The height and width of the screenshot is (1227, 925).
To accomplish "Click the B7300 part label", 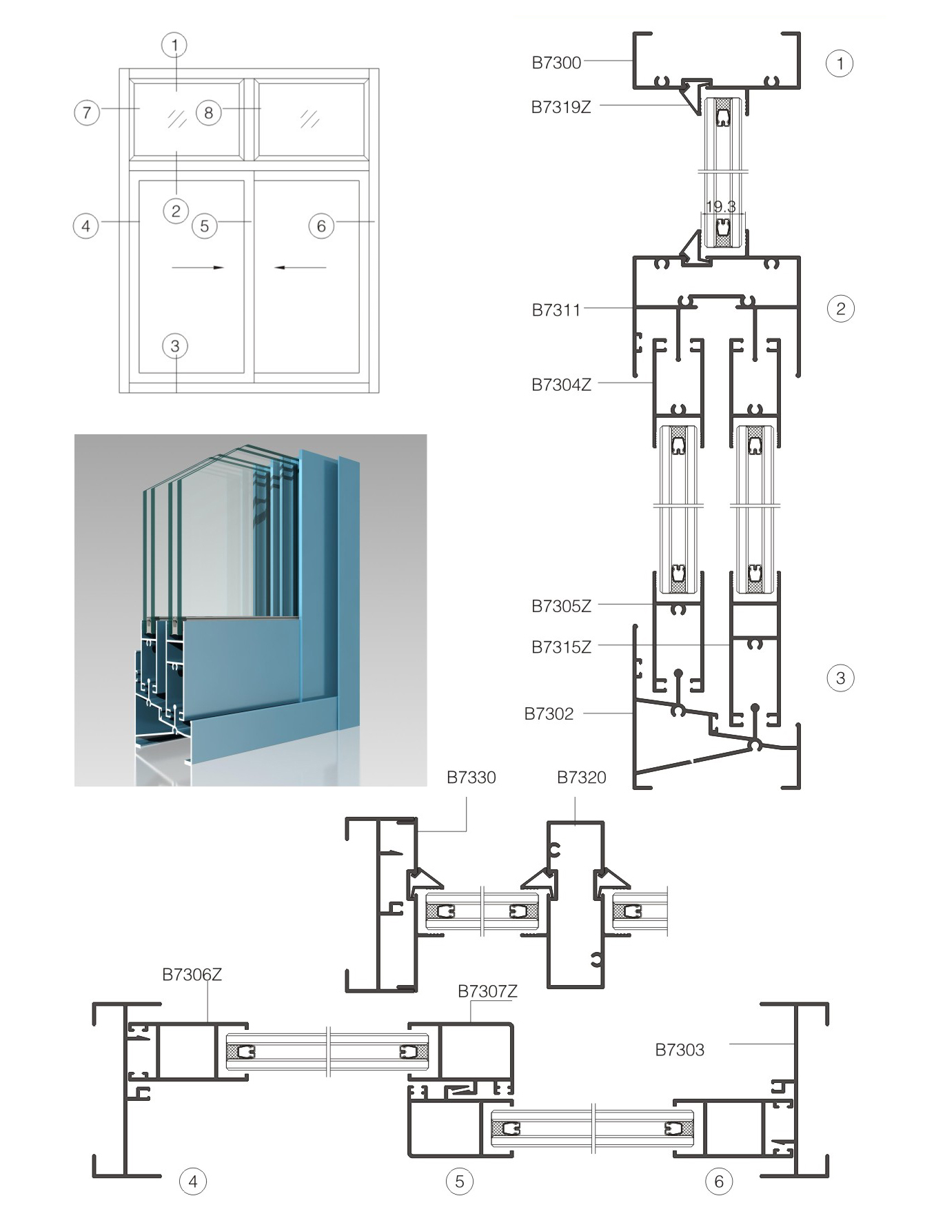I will (x=556, y=63).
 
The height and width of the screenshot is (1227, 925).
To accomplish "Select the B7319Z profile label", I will (x=561, y=107).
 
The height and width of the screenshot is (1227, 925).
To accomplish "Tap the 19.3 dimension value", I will (x=721, y=206).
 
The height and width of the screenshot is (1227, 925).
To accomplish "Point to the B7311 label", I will (x=556, y=310).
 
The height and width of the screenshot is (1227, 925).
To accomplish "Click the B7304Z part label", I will (x=561, y=385).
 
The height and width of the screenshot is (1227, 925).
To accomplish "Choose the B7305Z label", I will (x=561, y=606).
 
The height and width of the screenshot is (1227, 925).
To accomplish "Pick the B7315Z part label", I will (x=561, y=647).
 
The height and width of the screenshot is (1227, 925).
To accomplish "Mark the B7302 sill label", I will (x=549, y=713).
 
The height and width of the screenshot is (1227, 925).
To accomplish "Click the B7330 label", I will (x=471, y=778).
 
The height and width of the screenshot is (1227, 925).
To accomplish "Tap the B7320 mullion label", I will (x=582, y=778).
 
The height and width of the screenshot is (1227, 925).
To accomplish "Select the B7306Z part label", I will (x=192, y=975).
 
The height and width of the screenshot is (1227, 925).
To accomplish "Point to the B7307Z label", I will (x=487, y=991).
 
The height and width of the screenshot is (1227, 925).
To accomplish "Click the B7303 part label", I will (x=680, y=1050).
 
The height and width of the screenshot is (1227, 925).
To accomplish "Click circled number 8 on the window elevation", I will (x=209, y=112).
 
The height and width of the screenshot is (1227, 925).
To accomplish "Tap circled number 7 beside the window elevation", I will (x=87, y=112).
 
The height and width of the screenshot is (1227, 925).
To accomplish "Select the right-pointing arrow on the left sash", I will (x=198, y=267).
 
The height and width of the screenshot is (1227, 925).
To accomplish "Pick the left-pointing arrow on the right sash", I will (x=301, y=267).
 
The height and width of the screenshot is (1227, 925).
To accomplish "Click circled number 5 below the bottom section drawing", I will (x=460, y=1182).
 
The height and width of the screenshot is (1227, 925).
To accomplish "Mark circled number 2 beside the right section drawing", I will (x=840, y=308).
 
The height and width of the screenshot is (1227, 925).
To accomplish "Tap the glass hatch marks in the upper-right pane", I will (x=310, y=119).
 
